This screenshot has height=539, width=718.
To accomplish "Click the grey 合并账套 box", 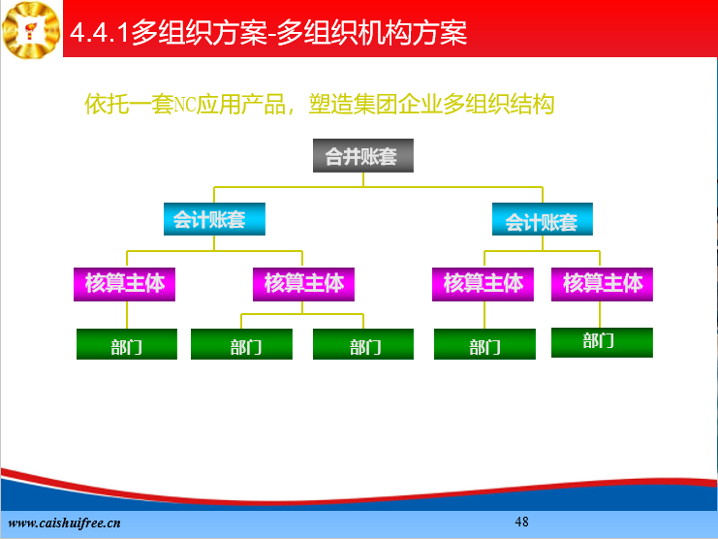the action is (x=363, y=156).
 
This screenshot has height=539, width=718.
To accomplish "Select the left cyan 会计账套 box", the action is (x=214, y=219).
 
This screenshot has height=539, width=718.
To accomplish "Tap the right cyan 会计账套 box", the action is (x=543, y=219).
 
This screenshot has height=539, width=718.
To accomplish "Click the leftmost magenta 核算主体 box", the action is (x=125, y=284).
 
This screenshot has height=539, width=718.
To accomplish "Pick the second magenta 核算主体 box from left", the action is (x=303, y=284).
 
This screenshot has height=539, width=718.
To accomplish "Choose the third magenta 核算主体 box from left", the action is (x=483, y=284).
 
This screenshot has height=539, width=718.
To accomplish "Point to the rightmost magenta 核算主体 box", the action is (x=602, y=284).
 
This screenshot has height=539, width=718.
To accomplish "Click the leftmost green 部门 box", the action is (x=127, y=344).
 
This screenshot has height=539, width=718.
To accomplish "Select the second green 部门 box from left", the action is (x=242, y=344).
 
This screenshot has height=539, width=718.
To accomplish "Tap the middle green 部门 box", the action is (x=363, y=344).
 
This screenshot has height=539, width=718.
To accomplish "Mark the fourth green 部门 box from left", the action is (x=484, y=344).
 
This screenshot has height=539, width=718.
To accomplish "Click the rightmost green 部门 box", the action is (x=602, y=342).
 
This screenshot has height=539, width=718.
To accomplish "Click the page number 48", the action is (x=521, y=522).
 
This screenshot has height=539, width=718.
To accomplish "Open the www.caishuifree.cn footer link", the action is (x=64, y=523).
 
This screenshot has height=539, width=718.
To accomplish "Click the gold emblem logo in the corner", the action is (x=31, y=30).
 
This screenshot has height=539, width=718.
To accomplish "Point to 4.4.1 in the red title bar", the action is (x=99, y=33).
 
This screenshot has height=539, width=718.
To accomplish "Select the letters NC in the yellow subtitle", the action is (x=185, y=105).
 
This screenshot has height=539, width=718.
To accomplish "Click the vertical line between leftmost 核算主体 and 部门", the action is (x=127, y=315).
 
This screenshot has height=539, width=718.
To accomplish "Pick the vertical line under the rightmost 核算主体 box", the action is (x=600, y=315).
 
